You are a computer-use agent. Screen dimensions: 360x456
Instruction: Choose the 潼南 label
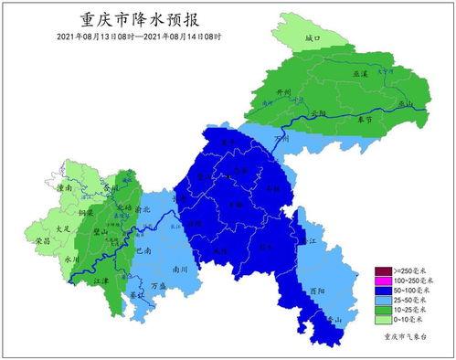pyautogui.click(x=66, y=187)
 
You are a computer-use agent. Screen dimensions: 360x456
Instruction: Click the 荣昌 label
pyautogui.click(x=42, y=241)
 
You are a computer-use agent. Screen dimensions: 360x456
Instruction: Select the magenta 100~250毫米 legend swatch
pyautogui.click(x=383, y=281)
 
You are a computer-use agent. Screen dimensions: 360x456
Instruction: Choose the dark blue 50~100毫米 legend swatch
pyautogui.click(x=383, y=291)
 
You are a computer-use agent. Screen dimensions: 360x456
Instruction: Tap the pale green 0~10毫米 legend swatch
pyautogui.click(x=383, y=319)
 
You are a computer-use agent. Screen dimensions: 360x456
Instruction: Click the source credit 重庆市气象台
pyautogui.click(x=403, y=338)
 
